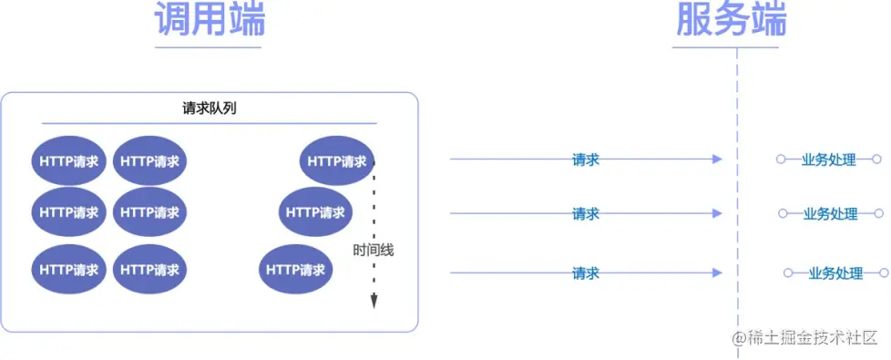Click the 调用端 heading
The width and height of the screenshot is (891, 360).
coord(209,19)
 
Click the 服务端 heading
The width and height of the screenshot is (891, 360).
coord(732,19)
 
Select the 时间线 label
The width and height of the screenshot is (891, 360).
coord(374,250)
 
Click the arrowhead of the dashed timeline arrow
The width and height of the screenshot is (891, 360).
coord(374,303)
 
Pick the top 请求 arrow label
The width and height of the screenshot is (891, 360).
coord(585,159)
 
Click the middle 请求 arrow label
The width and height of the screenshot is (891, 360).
coord(585,214)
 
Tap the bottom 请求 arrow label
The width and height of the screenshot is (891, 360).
coord(585,273)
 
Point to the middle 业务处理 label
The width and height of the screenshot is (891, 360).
coord(830,215)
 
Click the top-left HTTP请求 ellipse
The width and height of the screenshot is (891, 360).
coord(70,161)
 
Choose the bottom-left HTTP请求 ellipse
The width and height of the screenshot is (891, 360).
coord(70,270)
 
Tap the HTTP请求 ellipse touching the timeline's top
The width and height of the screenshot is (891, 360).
coord(336,161)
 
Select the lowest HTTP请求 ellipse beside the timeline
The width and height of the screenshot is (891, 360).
coord(296,270)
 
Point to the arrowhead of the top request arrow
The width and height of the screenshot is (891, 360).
coord(717,159)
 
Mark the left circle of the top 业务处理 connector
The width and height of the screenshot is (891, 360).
coord(781,159)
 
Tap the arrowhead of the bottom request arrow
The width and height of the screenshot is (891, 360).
coord(717,273)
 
